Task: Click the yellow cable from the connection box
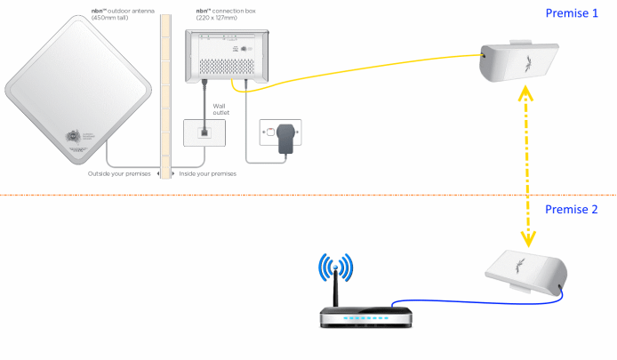(x=356, y=76)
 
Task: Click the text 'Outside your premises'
(x=121, y=174)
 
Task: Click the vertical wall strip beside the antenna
(x=163, y=89)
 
